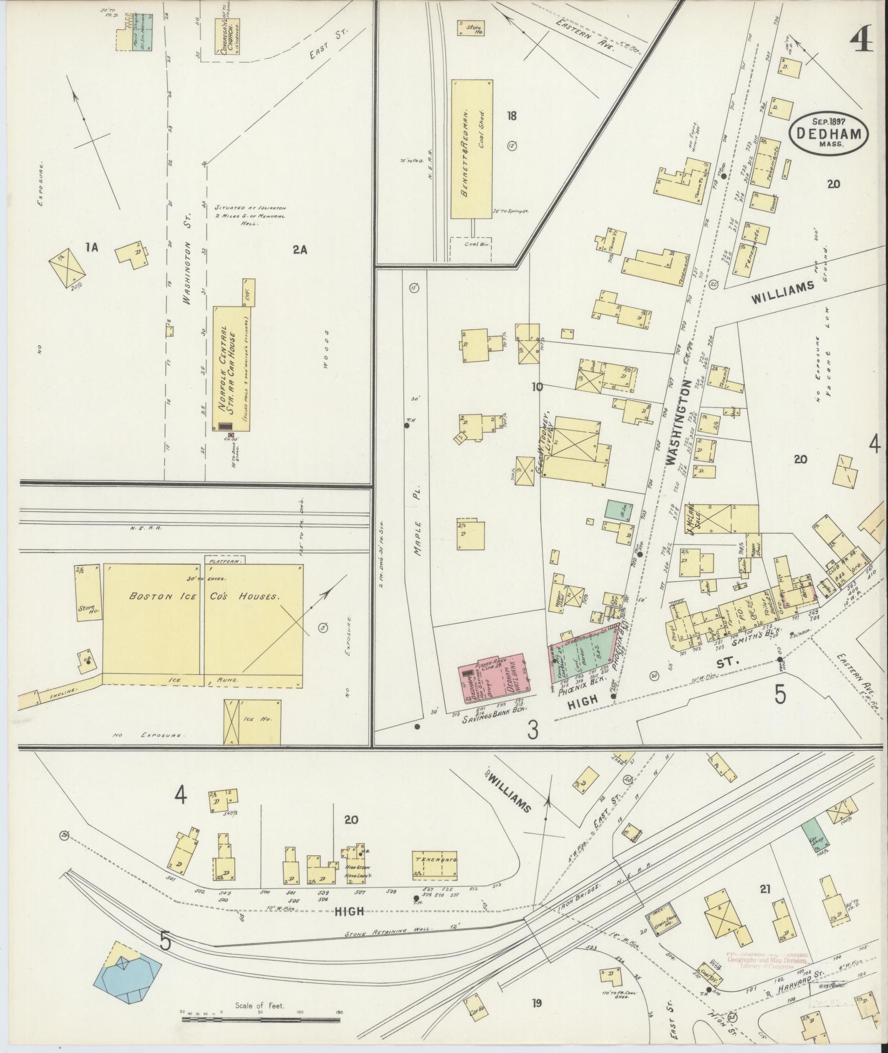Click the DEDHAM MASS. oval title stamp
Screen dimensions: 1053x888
(x=829, y=134)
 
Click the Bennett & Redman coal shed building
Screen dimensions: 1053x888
(x=472, y=149)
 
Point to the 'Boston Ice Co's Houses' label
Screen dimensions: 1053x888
(x=205, y=596)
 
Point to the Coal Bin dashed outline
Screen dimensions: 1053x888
(x=469, y=248)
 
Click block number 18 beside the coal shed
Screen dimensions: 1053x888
(x=513, y=116)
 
